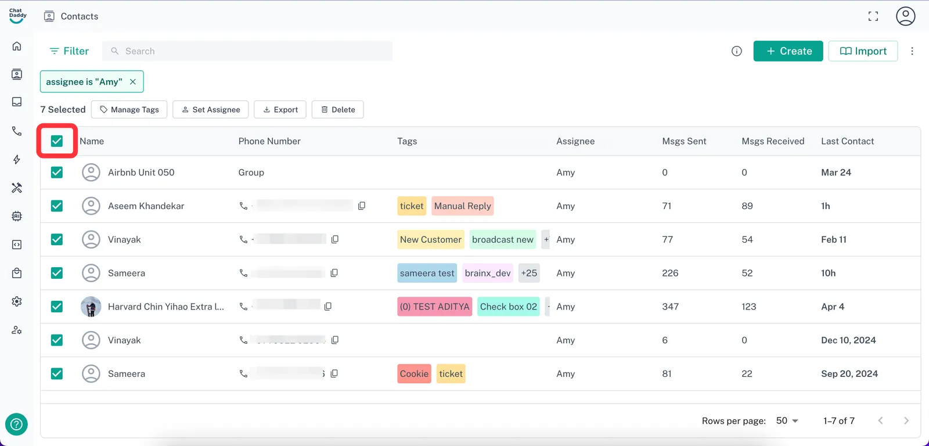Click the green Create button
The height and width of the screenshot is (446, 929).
point(788,51)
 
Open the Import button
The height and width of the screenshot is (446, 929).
point(863,51)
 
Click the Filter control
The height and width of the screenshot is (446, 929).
point(69,51)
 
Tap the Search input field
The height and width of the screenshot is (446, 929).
point(250,51)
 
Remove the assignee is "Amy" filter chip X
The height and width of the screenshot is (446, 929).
point(133,82)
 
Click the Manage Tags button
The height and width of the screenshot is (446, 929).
point(129,110)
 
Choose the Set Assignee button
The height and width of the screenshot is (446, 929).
point(210,110)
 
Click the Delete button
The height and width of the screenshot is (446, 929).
point(337,110)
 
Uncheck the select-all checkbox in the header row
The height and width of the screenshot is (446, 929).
point(57,141)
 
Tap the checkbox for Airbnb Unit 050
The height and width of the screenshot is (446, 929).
point(57,172)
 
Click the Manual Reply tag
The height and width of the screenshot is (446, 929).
point(462,206)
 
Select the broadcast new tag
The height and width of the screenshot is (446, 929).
point(502,240)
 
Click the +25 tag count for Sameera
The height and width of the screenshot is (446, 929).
point(528,273)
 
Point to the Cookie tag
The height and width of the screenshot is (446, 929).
point(414,374)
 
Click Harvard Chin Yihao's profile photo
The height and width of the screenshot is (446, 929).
point(91,307)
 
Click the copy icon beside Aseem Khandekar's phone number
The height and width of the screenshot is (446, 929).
point(362,206)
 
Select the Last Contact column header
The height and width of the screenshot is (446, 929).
point(847,141)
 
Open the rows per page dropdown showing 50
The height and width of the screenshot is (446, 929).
point(787,420)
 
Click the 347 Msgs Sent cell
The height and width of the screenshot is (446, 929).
point(670,307)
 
